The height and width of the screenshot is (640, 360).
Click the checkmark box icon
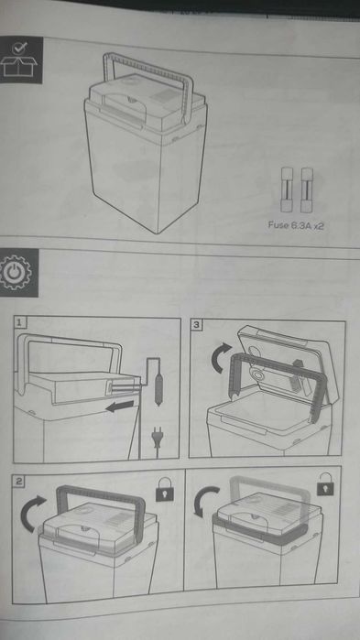click(x=18, y=60)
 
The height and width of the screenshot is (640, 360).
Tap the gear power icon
click(x=16, y=272)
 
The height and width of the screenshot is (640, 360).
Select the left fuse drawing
click(x=286, y=190)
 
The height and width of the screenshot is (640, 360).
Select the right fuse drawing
click(x=307, y=190)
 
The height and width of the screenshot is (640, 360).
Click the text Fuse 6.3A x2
click(x=296, y=225)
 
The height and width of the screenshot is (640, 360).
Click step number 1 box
click(x=20, y=323)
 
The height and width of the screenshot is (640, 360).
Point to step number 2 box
click(x=19, y=482)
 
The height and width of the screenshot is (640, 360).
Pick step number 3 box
click(x=197, y=325)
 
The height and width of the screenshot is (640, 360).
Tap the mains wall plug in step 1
click(x=157, y=438)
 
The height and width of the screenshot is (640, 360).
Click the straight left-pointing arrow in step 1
click(x=120, y=406)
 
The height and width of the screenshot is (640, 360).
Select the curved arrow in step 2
click(x=32, y=513)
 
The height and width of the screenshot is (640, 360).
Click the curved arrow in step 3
click(x=221, y=357)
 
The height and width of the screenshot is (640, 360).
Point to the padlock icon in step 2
click(x=164, y=490)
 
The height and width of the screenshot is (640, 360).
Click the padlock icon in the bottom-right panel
click(x=325, y=484)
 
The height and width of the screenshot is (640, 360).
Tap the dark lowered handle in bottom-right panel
click(x=261, y=532)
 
